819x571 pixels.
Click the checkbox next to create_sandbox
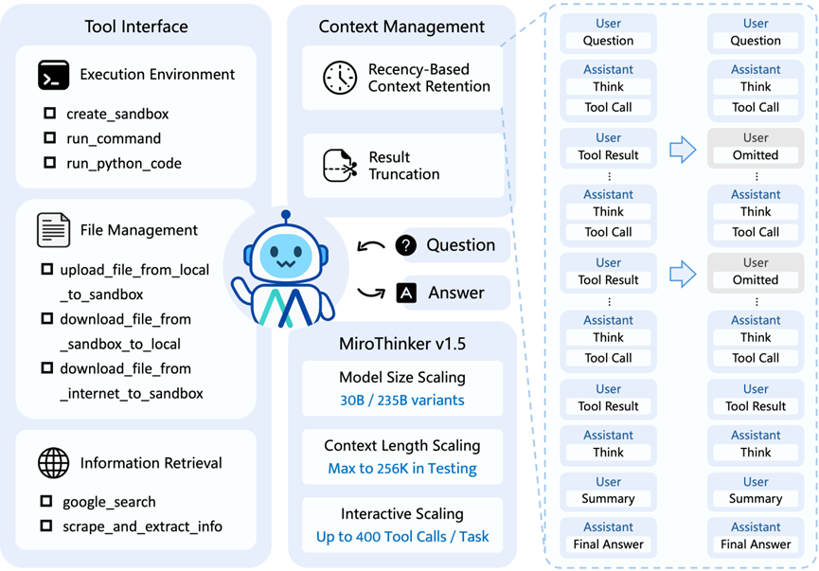49,114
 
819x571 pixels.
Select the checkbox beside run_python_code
49,163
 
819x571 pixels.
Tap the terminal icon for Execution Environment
54,75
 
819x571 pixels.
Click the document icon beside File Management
54,230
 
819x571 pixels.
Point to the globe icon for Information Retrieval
54,463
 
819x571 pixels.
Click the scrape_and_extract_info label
142,526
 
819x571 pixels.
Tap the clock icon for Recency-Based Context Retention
339,78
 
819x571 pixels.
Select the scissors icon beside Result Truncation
340,166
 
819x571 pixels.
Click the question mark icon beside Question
406,245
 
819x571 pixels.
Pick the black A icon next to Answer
406,294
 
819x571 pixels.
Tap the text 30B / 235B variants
401,400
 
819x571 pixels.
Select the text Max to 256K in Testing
401,468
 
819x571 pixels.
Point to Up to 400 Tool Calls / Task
401,536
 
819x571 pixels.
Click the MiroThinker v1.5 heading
401,343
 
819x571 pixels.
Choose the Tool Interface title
136,27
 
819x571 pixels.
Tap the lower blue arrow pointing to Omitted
683,275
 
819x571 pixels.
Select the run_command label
114,138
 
